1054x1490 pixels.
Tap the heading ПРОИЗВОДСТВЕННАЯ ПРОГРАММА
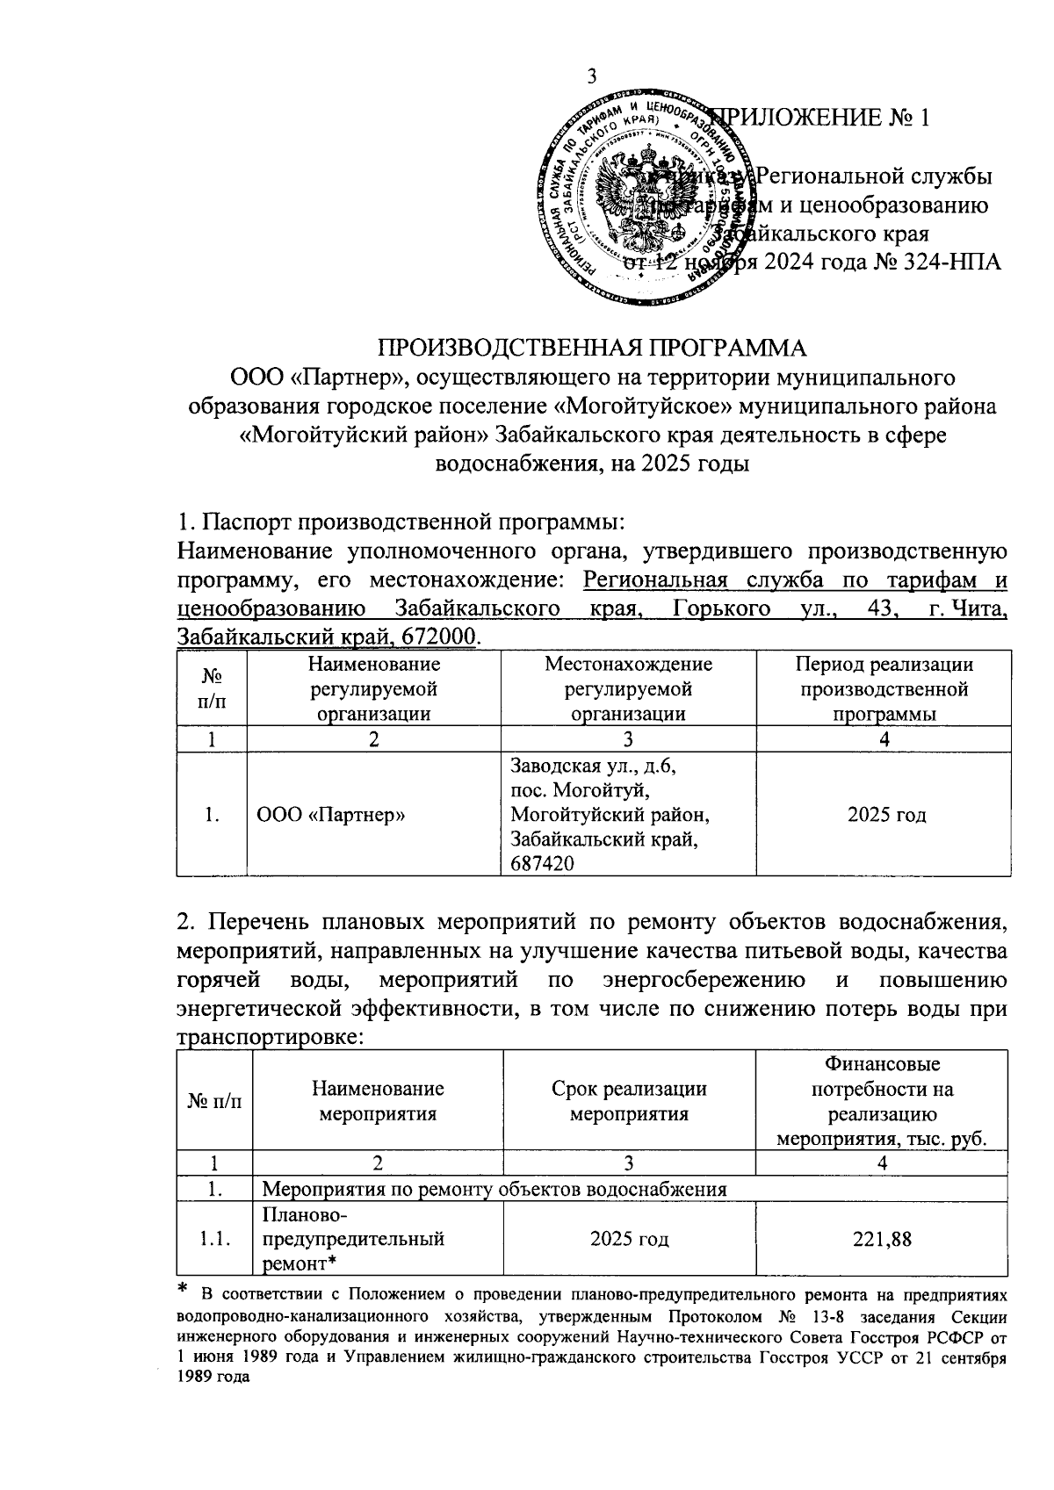click(x=591, y=348)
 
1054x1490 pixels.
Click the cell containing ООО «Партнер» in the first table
click(x=331, y=815)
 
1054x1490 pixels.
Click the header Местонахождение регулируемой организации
click(x=628, y=688)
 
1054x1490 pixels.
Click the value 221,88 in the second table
click(x=881, y=1239)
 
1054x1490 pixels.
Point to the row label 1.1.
click(x=213, y=1239)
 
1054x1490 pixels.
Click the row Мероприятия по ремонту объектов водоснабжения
click(x=495, y=1190)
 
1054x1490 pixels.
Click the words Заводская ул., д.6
click(x=594, y=766)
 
